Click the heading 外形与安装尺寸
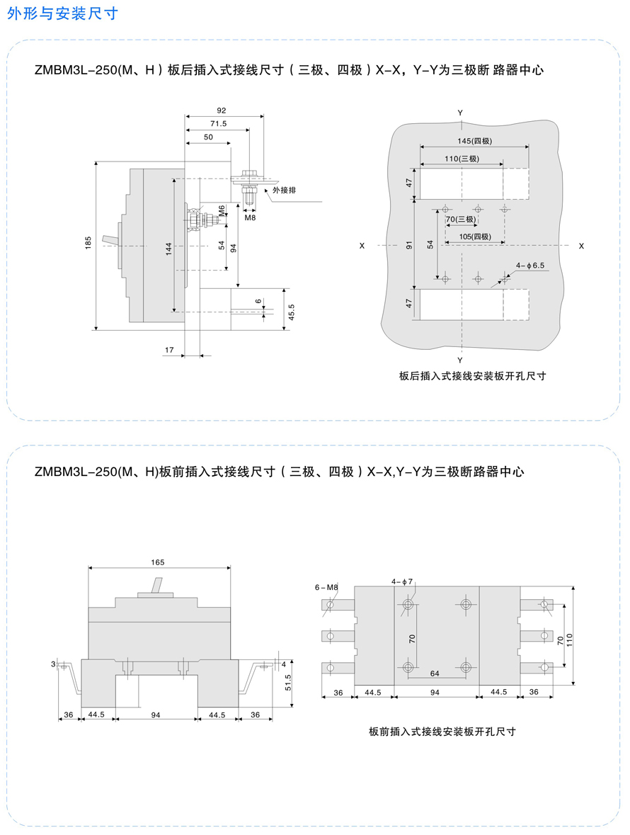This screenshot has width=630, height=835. pos(62,13)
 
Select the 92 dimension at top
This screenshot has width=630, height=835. pos(222,110)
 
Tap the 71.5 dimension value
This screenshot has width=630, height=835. pos(218,123)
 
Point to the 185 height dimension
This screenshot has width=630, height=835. pos(88,242)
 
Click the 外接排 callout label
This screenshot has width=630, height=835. pos(284,190)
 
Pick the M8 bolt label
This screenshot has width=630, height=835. pos(250,217)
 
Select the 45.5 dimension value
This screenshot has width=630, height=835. pos(291,312)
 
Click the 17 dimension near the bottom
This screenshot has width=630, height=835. pos(169,350)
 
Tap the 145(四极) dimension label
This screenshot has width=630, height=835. pos(475,141)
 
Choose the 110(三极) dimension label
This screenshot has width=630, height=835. pos(462,158)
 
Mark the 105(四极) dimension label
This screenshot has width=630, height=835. pos(475,237)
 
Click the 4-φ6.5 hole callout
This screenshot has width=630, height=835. pos(530,265)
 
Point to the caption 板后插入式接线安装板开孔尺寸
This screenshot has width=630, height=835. pos(473,376)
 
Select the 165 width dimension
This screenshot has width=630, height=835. pos(157,562)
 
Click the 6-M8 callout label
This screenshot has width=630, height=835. pos(326,587)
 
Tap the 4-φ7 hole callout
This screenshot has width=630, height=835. pos(402,581)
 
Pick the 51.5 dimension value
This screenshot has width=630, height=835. pos(288,683)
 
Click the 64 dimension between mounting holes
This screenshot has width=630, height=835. pos(435,674)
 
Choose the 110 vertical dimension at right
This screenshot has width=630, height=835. pos(569,640)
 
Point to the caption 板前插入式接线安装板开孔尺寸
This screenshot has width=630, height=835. pos(442,732)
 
